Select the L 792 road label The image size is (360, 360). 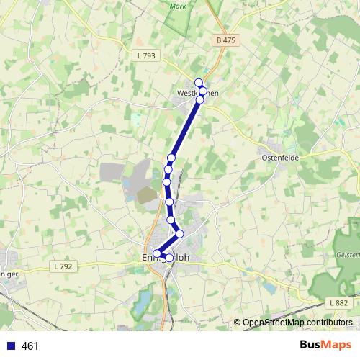[x=63, y=266]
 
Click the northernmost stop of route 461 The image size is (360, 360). [x=199, y=83]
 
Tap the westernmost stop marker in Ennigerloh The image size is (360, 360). [x=156, y=253]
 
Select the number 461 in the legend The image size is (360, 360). [x=30, y=346]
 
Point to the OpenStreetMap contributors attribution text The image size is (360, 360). [x=294, y=323]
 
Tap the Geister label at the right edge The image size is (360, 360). [x=347, y=256]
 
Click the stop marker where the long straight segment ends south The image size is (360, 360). [x=171, y=158]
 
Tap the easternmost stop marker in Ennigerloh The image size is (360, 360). [x=179, y=233]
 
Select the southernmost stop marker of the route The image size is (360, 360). [x=169, y=257]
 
